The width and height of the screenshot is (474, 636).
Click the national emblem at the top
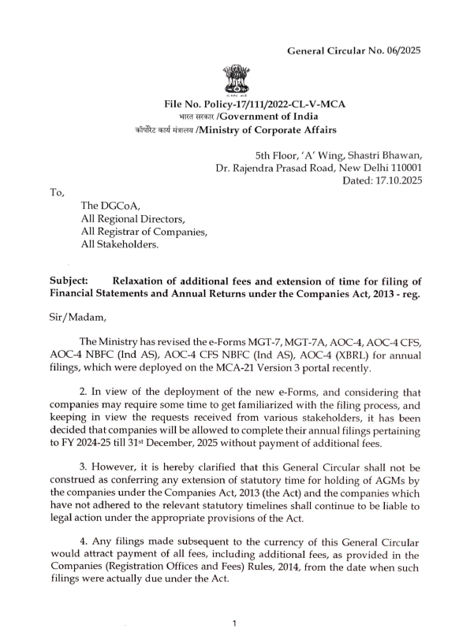click(235, 80)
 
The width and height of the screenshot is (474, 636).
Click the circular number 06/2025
click(403, 50)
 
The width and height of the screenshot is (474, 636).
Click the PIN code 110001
click(402, 168)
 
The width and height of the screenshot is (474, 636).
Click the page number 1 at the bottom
click(235, 623)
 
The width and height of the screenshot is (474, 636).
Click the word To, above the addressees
click(58, 192)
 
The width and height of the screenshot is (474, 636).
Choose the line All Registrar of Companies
click(144, 232)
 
